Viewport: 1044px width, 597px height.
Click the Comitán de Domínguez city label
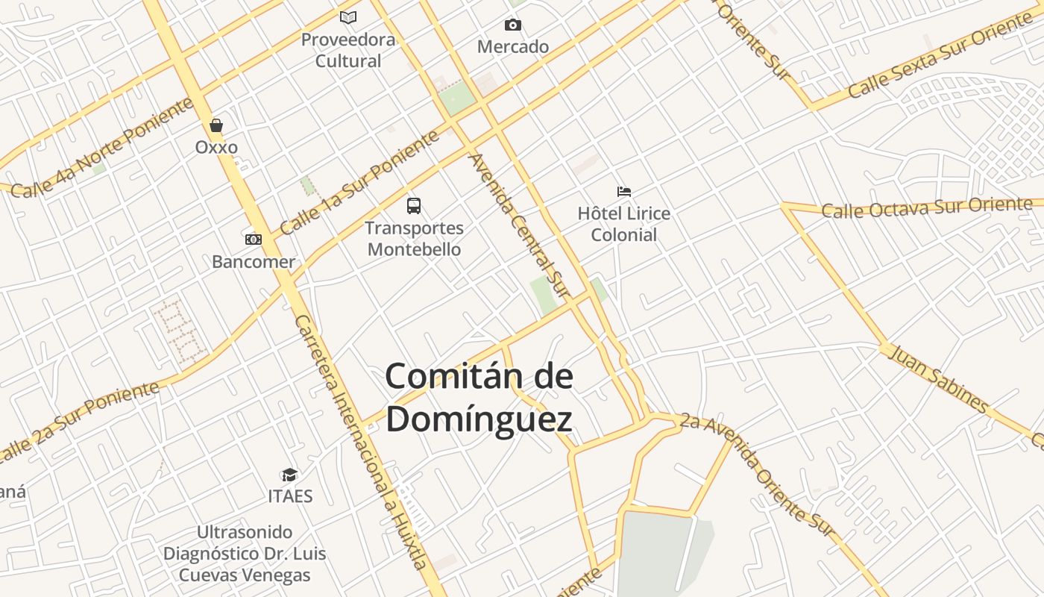pyautogui.click(x=479, y=398)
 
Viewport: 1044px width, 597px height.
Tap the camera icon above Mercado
pyautogui.click(x=513, y=25)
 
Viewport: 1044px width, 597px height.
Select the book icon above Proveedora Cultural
pyautogui.click(x=348, y=17)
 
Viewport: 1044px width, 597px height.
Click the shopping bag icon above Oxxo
pyautogui.click(x=216, y=125)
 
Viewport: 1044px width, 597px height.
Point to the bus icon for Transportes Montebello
pyautogui.click(x=414, y=206)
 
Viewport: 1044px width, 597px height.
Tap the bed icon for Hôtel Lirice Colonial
pyautogui.click(x=624, y=192)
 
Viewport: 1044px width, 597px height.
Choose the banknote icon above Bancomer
pyautogui.click(x=254, y=240)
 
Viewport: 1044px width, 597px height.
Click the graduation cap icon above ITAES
pyautogui.click(x=289, y=475)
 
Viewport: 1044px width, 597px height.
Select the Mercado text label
pyautogui.click(x=513, y=47)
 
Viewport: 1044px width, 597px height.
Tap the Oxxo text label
pyautogui.click(x=216, y=147)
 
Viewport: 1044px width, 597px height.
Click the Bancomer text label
pyautogui.click(x=254, y=262)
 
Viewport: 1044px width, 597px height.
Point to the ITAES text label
pyautogui.click(x=290, y=496)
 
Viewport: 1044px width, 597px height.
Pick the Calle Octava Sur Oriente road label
pyautogui.click(x=927, y=207)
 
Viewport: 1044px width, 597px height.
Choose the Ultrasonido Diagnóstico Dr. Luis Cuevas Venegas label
pyautogui.click(x=245, y=554)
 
